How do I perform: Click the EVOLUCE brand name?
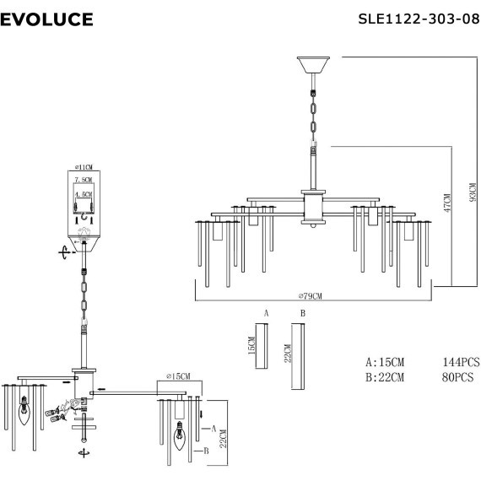[47, 19]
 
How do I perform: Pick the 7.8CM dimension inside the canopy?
[84, 181]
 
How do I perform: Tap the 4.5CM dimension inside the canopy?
[84, 194]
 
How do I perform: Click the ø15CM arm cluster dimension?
[178, 376]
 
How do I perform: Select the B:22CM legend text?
[384, 376]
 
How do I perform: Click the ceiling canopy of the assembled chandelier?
[312, 64]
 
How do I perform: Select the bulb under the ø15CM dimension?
[178, 438]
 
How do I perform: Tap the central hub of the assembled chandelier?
[313, 207]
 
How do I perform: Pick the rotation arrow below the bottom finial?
[84, 455]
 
